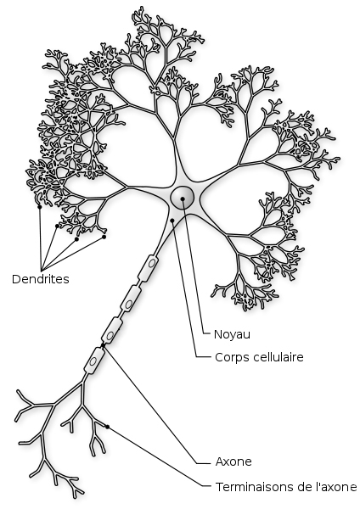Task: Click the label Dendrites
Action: coord(41,279)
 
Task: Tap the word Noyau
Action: coord(232,335)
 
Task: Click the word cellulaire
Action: coord(278,357)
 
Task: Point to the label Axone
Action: coord(233,461)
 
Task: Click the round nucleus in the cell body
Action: coord(183,198)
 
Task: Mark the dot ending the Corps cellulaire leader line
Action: coord(172,221)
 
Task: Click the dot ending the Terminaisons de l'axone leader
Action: coord(107,427)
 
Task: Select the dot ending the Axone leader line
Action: coord(103,345)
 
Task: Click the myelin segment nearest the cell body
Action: coord(149,268)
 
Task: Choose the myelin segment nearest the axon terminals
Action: coord(94,361)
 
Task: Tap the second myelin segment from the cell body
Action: coord(131,299)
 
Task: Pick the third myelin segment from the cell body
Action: coord(112,330)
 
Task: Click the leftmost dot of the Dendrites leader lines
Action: coord(40,207)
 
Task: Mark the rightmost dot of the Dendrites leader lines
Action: coord(104,237)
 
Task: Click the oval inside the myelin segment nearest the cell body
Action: coord(151,263)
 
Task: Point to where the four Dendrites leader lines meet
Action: coord(42,271)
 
